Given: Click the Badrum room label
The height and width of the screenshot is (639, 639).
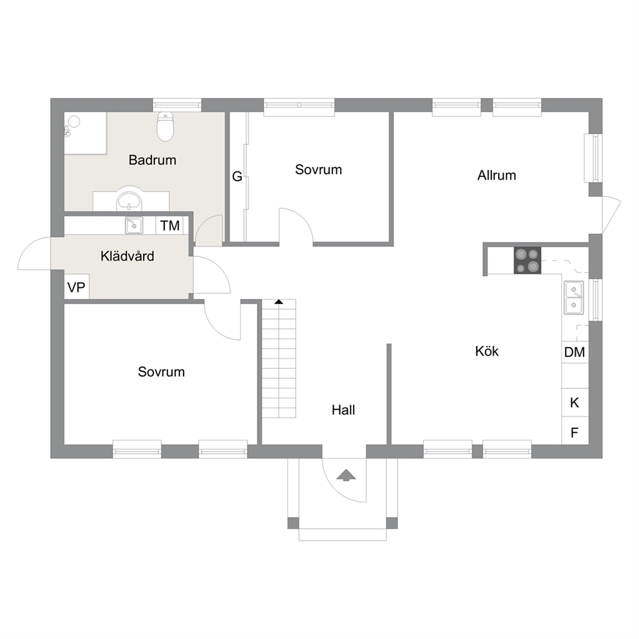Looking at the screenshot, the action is click(153, 160).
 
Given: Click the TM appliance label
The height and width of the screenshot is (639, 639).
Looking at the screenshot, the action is click(170, 225).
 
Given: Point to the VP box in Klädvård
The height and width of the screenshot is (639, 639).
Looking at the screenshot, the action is click(77, 287).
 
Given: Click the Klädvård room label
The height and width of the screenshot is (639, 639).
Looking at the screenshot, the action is click(127, 256).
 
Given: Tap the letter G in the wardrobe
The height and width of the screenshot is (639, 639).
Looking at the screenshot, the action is click(237, 176).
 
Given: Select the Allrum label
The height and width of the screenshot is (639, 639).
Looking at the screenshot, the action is click(497, 175).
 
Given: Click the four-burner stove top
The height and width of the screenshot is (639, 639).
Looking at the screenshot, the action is click(528, 260).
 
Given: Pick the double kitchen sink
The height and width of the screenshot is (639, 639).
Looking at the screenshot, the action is click(573, 298).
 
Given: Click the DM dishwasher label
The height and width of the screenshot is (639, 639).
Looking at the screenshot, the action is click(575, 352).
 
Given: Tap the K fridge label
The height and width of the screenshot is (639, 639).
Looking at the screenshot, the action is click(575, 403).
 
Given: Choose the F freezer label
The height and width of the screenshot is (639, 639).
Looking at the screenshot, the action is click(575, 432).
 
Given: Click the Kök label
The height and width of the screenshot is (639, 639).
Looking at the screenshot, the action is click(486, 351).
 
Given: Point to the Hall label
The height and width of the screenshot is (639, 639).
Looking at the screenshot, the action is click(343, 410).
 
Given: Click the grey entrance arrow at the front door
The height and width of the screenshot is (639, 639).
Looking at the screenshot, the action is click(347, 475).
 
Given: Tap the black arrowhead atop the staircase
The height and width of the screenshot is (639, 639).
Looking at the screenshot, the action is click(279, 301).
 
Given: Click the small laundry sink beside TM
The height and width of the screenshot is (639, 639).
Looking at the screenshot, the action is click(134, 225).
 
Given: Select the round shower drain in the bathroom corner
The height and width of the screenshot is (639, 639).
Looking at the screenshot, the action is click(74, 121).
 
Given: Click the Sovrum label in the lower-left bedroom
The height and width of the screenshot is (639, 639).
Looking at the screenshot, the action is click(162, 372).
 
